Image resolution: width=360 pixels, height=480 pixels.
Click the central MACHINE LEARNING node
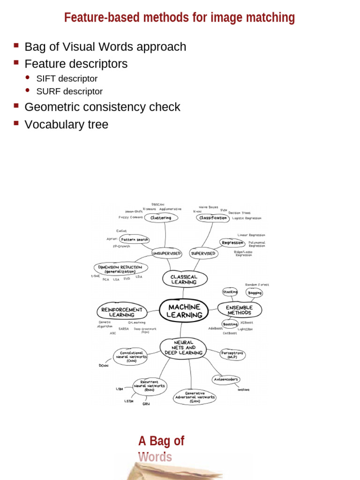click(184, 310)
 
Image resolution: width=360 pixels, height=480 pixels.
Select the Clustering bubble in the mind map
click(161, 217)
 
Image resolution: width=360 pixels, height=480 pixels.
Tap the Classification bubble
click(213, 218)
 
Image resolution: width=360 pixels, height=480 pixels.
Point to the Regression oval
click(232, 243)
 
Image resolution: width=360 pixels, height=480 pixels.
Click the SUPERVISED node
click(203, 253)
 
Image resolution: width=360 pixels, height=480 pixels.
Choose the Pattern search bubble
click(135, 240)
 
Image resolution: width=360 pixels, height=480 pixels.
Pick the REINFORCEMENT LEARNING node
click(122, 312)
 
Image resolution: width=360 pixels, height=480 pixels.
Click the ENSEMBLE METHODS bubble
click(239, 310)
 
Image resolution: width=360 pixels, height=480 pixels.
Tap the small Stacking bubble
click(230, 292)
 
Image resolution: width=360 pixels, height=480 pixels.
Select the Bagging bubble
click(255, 293)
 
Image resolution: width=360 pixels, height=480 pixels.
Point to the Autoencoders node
click(226, 379)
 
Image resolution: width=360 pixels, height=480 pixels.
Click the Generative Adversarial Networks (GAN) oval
click(195, 397)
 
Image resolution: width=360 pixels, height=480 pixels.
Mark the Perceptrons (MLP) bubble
click(232, 354)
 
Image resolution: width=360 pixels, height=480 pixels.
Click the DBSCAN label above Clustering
click(158, 204)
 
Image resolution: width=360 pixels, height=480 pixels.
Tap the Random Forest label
click(257, 285)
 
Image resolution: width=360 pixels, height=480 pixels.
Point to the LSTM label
click(129, 401)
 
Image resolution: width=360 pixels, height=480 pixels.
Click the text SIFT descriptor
click(67, 79)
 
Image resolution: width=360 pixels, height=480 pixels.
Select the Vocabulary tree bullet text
click(66, 124)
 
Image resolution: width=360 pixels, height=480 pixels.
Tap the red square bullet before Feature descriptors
click(16, 62)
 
